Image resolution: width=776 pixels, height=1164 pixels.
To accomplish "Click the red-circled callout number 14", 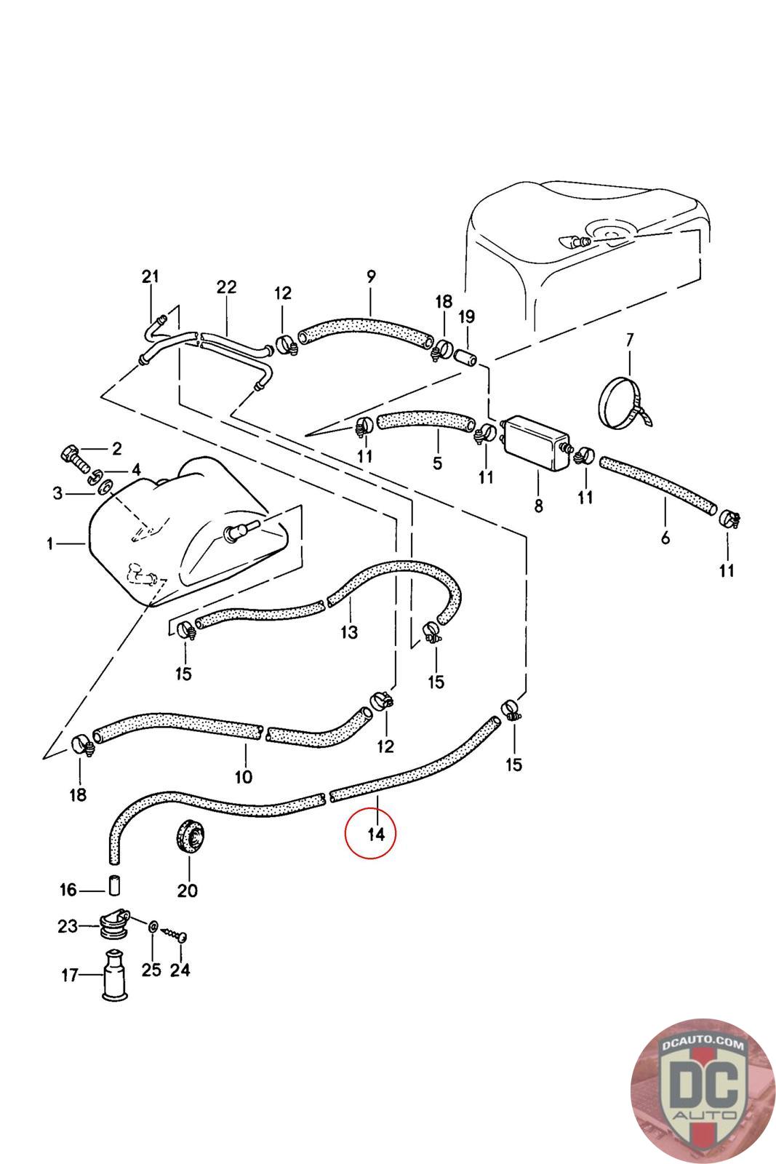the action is [376, 834].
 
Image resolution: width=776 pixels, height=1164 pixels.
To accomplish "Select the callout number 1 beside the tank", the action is [50, 544].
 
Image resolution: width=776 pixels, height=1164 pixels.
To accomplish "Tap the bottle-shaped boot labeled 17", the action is [115, 974].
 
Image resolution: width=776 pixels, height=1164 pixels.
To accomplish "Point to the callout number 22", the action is [226, 287].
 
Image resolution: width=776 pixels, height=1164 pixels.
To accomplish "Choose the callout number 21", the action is [150, 276].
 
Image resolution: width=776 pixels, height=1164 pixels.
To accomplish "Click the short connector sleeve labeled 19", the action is [466, 357].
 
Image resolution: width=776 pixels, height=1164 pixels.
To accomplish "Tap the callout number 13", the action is [349, 632].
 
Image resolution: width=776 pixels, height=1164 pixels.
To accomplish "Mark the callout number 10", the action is [243, 778].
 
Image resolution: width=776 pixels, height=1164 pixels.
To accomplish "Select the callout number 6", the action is [665, 538].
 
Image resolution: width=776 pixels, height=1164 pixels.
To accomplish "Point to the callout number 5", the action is [437, 463].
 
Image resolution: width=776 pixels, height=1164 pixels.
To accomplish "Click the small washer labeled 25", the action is [153, 927].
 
